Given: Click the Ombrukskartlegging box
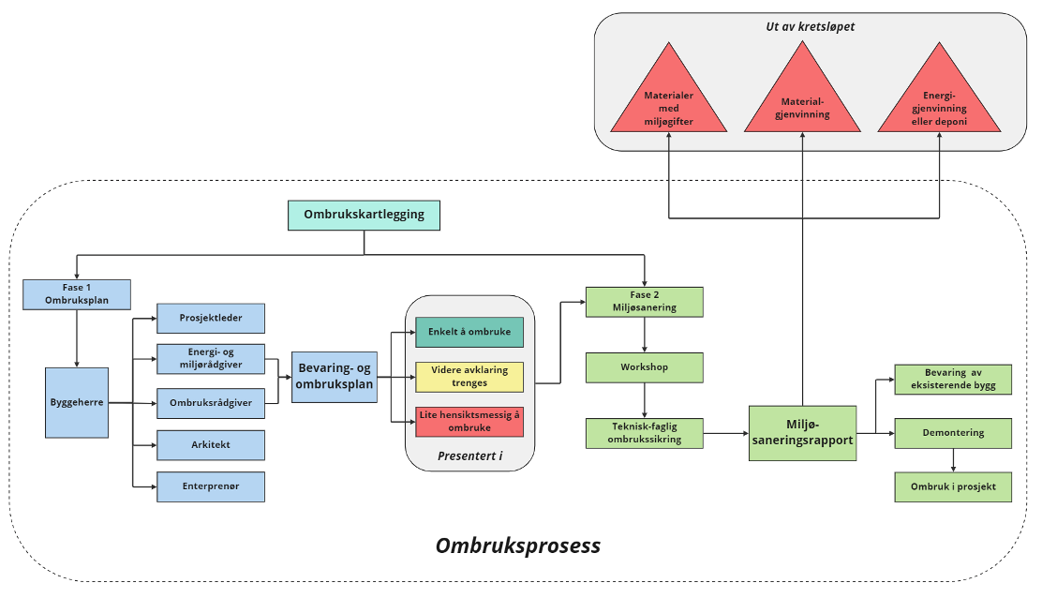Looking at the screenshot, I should point(364,215).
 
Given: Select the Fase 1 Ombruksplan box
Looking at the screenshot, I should point(77,294).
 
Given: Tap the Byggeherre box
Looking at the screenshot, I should point(77,403).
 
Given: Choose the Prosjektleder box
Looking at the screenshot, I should point(211,318).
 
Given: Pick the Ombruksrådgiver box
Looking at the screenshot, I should point(211,403).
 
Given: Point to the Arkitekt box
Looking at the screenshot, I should point(211,445).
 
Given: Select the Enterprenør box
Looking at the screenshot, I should point(211,486).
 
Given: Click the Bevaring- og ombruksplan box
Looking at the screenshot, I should point(335,377).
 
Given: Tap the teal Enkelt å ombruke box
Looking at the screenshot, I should point(469,333).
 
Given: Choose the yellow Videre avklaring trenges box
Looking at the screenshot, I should point(469,377).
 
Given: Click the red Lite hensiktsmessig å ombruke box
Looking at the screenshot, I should point(469,422).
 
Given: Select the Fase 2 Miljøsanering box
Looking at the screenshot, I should point(644,302).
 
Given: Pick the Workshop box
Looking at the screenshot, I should point(644,367).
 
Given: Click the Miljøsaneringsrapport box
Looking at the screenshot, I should point(803,433).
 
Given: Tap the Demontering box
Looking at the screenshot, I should point(953,433).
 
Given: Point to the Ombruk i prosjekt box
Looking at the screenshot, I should point(953,486).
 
